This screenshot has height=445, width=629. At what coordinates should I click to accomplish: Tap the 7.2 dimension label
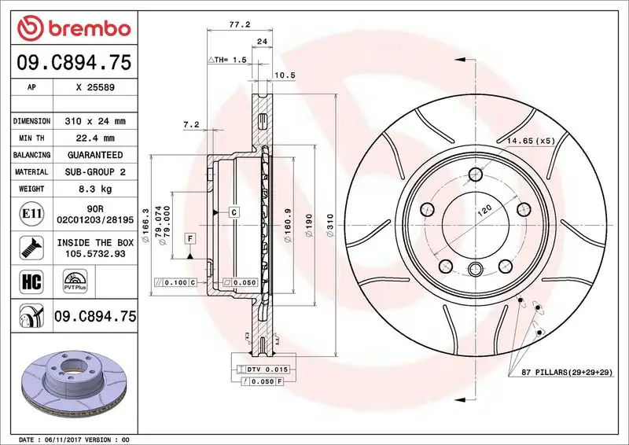[190, 124]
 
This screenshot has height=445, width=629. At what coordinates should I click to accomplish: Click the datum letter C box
[234, 212]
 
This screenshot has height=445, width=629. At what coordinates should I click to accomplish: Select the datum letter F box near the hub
[189, 237]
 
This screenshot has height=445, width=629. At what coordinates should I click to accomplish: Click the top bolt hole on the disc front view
[474, 175]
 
